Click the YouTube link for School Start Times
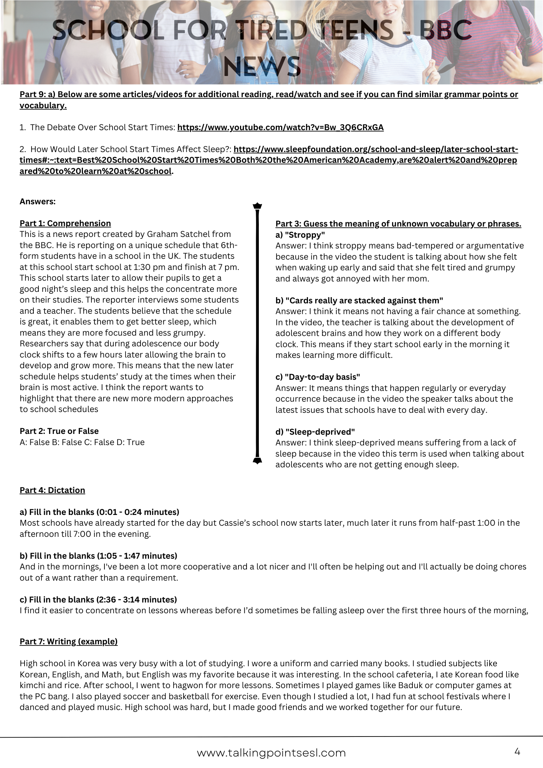pyautogui.click(x=280, y=127)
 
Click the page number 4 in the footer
pyautogui.click(x=517, y=751)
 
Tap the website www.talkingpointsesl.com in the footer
pyautogui.click(x=271, y=753)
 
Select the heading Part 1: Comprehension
pyautogui.click(x=65, y=223)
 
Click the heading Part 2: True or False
pyautogui.click(x=59, y=431)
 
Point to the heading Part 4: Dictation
pyautogui.click(x=52, y=490)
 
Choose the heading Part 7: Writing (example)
pyautogui.click(x=68, y=642)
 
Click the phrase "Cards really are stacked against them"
pyautogui.click(x=364, y=301)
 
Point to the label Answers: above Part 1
pyautogui.click(x=38, y=202)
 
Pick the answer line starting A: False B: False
pyautogui.click(x=82, y=442)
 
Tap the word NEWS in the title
pyautogui.click(x=262, y=66)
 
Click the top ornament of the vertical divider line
pyautogui.click(x=257, y=206)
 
